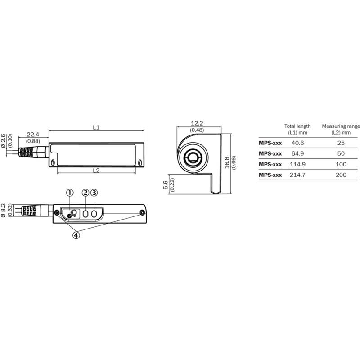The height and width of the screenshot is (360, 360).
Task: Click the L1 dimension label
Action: click(x=96, y=127)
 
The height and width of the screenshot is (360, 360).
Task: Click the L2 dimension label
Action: click(x=96, y=171)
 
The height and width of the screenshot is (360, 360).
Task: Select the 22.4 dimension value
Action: click(x=33, y=135)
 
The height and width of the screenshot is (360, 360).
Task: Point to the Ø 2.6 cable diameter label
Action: click(x=3, y=141)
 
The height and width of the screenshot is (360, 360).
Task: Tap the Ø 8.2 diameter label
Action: click(x=3, y=210)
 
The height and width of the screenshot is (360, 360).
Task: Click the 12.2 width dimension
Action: click(x=197, y=123)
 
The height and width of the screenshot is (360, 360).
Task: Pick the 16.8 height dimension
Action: click(x=227, y=163)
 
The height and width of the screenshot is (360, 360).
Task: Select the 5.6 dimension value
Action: click(x=165, y=185)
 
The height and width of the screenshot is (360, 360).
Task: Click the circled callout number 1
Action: click(x=70, y=193)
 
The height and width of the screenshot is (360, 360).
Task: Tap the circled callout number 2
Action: click(x=85, y=193)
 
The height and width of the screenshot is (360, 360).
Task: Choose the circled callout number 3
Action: click(x=94, y=193)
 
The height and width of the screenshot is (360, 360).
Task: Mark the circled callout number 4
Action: click(x=76, y=235)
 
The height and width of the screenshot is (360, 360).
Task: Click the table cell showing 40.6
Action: click(x=297, y=143)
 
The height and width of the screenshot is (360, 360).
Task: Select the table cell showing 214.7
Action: click(x=297, y=175)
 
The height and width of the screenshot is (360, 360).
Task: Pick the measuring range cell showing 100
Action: click(x=341, y=164)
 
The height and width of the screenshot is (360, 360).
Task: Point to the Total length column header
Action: click(x=297, y=129)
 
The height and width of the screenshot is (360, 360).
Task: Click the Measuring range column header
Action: click(x=341, y=129)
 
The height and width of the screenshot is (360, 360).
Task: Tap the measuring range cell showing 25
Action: click(x=341, y=143)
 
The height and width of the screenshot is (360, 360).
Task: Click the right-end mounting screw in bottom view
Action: click(x=142, y=213)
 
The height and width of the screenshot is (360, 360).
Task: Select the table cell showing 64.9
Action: click(x=297, y=153)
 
